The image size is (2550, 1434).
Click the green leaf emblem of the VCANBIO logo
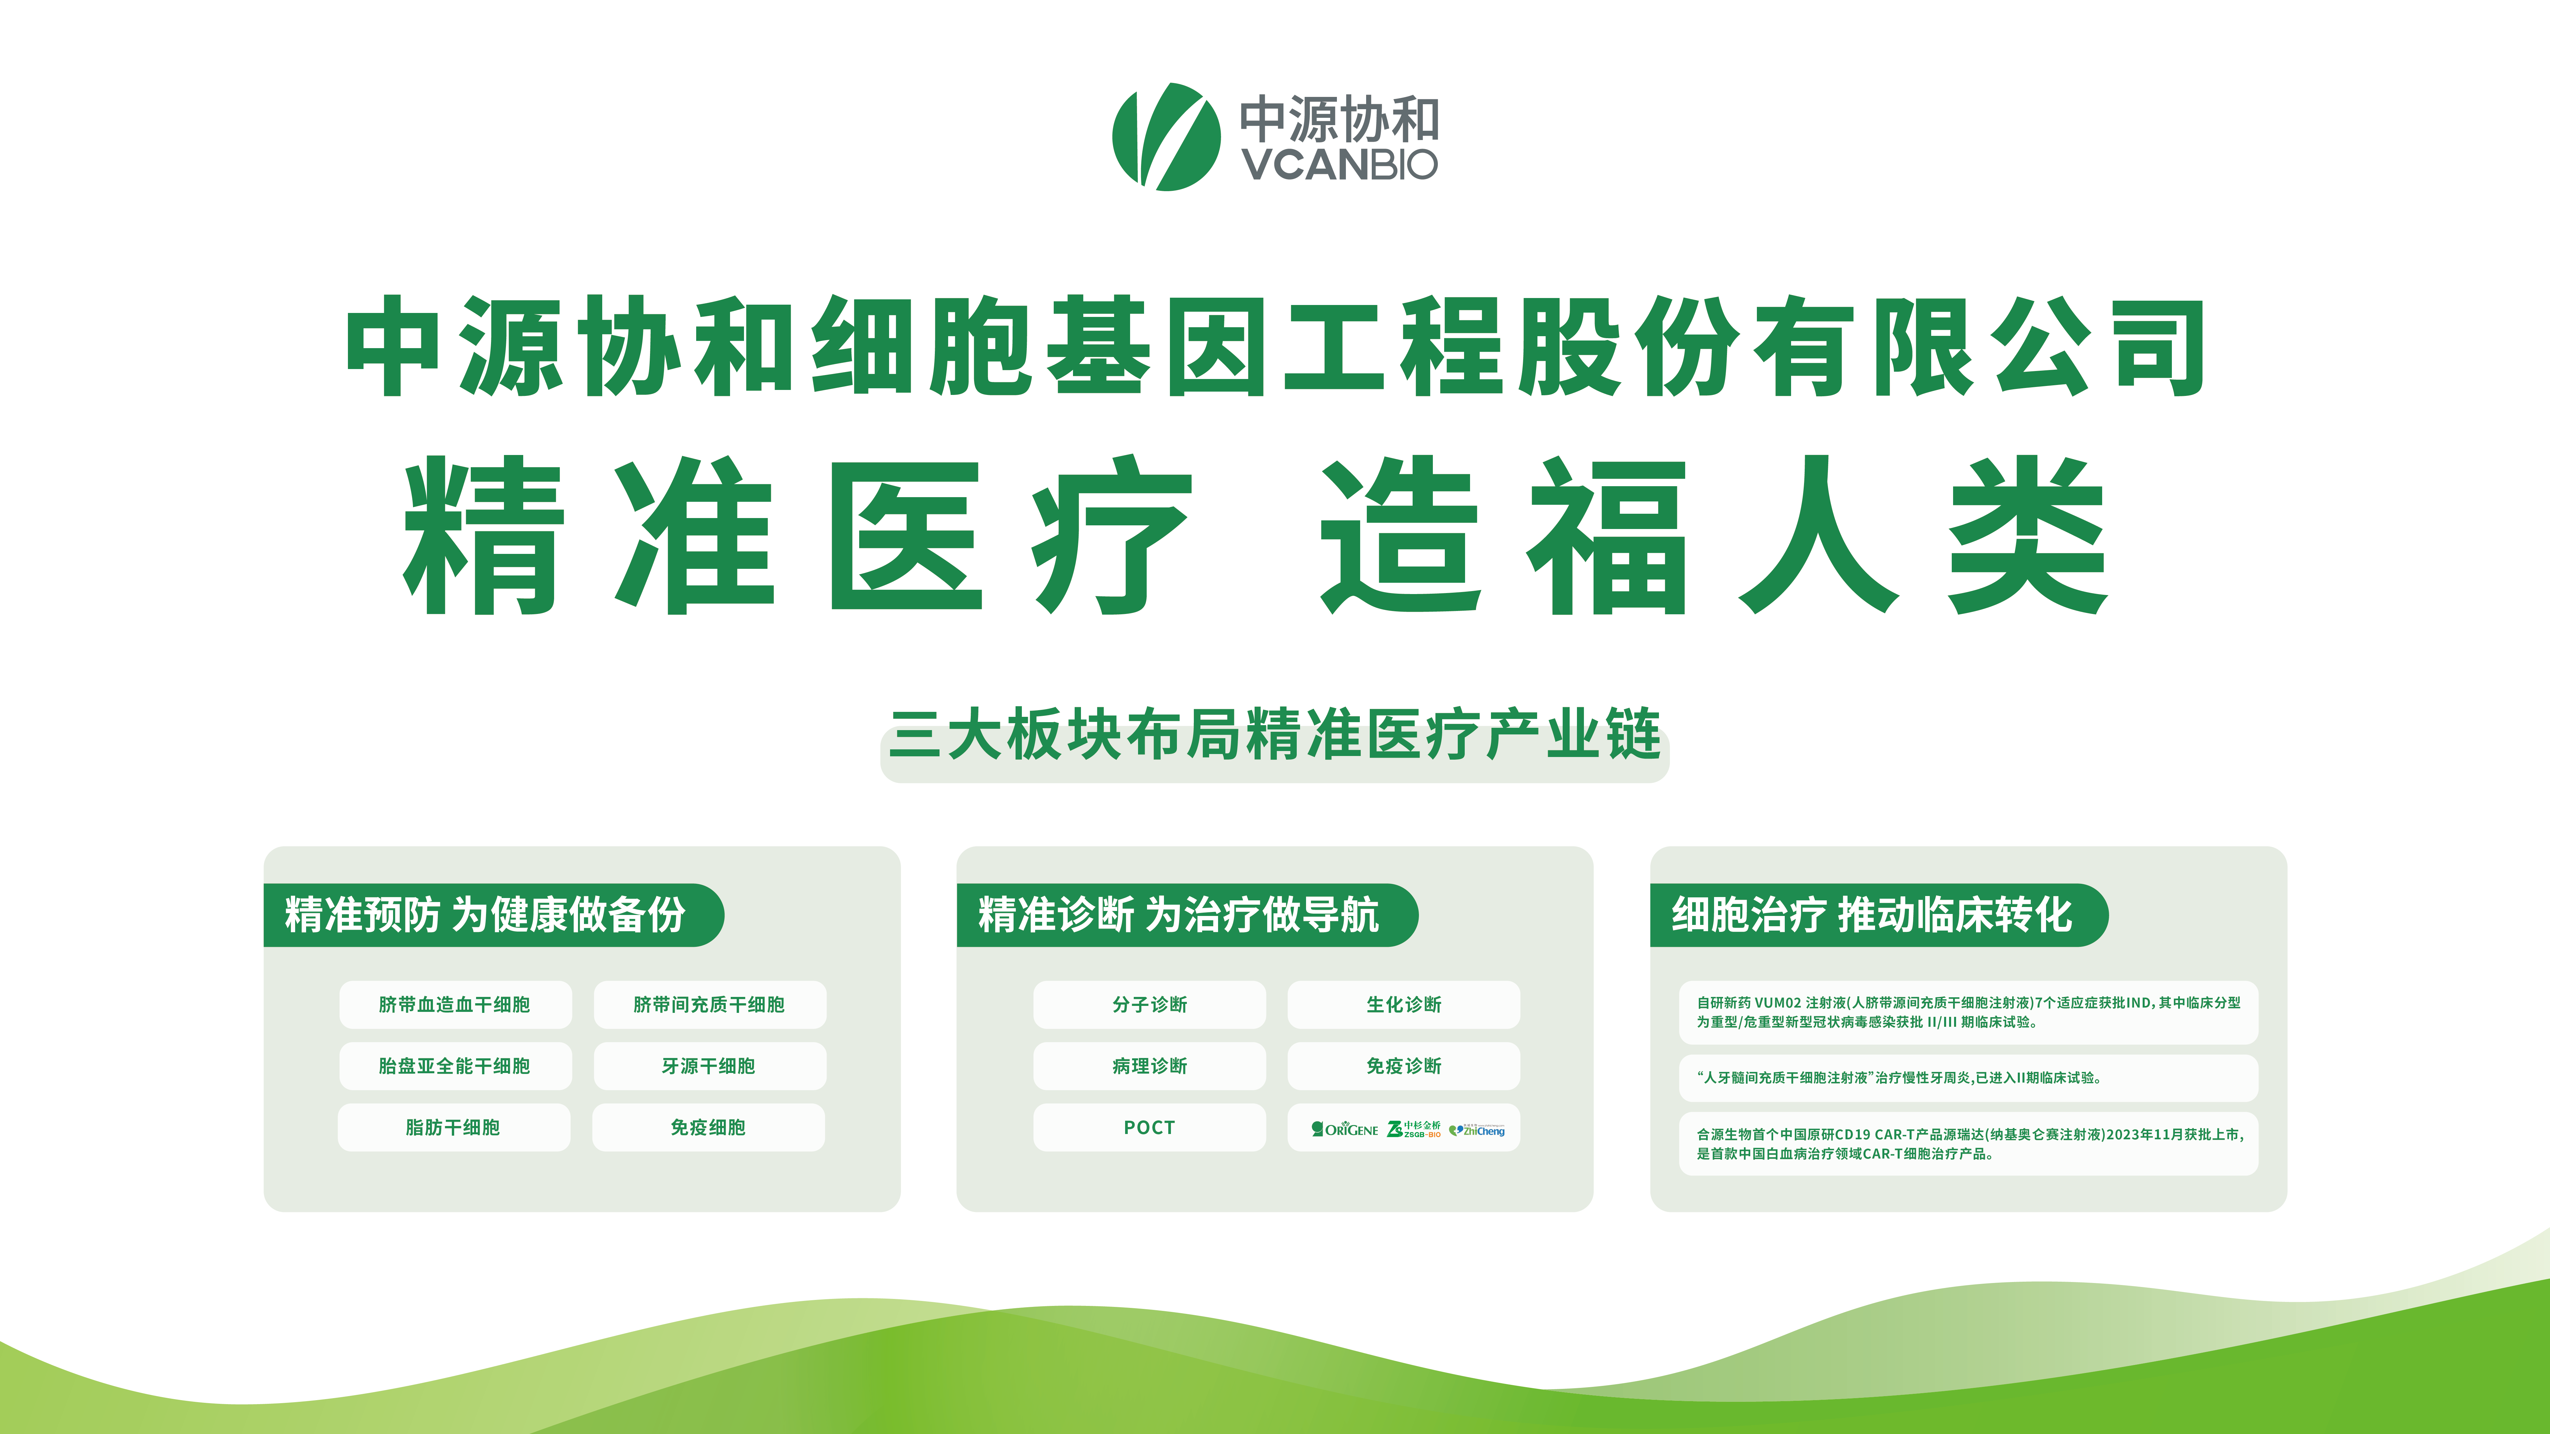1166,137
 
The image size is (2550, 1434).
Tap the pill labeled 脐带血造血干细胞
455,1005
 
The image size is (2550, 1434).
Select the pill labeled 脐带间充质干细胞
710,1005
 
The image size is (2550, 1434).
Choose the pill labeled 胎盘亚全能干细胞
455,1066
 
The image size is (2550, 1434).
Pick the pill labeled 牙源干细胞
710,1066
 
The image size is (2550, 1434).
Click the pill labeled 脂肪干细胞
453,1127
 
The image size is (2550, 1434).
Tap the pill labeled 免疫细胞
709,1127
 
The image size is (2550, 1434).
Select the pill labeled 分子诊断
1149,1005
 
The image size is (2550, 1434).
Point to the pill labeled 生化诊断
1404,1005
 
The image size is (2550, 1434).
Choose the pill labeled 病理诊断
1149,1066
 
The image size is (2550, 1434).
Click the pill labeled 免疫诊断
1404,1066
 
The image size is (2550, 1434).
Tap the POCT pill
1149,1127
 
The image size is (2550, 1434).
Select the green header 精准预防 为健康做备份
493,914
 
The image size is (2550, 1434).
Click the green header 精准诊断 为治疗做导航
1187,914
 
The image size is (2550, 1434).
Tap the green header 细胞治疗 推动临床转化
1879,914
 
